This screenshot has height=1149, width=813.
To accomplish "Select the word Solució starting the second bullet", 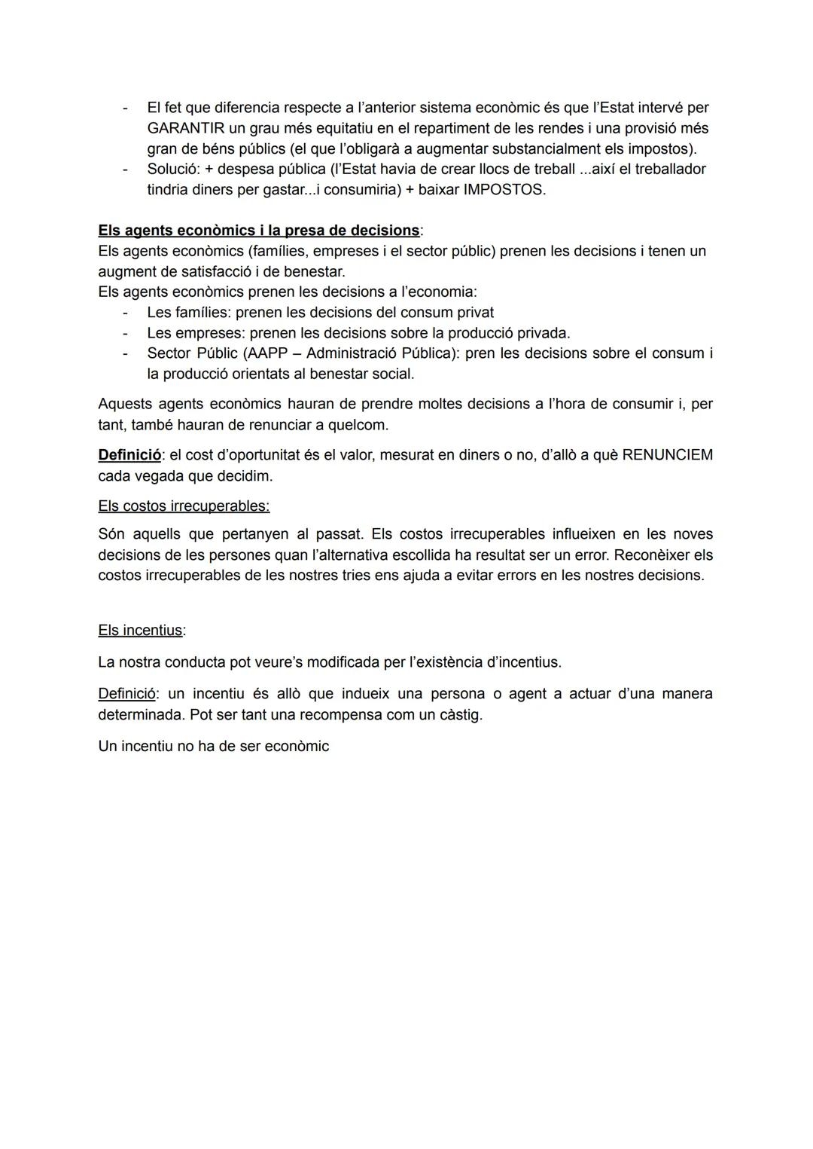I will tap(172, 170).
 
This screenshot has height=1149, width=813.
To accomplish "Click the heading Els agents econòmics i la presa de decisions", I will tap(259, 231).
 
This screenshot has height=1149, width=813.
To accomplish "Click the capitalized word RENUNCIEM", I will tap(667, 455).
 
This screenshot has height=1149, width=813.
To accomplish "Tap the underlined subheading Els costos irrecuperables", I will tap(184, 506).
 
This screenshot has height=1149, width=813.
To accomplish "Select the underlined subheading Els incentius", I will tap(141, 631).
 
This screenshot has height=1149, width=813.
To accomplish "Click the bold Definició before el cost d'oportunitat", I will tap(129, 455).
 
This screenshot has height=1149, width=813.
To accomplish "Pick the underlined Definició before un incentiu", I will tap(127, 694).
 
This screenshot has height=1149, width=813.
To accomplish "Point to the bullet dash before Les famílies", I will tap(125, 313).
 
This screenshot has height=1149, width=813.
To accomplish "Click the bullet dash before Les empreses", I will tap(125, 333).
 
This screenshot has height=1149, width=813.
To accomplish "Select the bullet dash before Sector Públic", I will tap(125, 353).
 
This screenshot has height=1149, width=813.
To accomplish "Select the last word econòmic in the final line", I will tap(297, 747).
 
